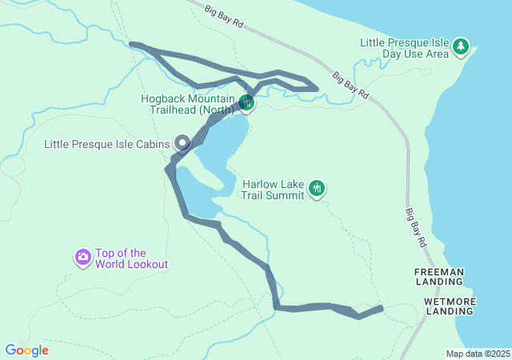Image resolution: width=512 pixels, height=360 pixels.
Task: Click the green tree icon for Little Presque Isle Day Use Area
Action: point(461,47)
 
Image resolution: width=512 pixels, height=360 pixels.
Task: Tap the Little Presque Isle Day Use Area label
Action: point(405,48)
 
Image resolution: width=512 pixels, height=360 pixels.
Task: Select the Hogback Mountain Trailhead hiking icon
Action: point(246,102)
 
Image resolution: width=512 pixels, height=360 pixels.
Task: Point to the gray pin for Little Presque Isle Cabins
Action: point(182,144)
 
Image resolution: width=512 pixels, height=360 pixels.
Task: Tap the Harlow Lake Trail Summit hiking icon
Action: point(318,189)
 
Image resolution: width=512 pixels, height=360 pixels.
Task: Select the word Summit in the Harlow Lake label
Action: point(283,195)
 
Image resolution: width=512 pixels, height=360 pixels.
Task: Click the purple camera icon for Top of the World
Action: point(83,258)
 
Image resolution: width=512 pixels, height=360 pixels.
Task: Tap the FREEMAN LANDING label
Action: point(439,277)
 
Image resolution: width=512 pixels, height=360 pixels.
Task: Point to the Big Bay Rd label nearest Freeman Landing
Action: point(418,225)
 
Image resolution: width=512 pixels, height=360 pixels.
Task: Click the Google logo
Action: point(26,350)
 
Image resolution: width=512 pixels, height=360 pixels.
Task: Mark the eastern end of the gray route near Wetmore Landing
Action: point(381,307)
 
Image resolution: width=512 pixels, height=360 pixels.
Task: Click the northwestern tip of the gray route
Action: point(131,44)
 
